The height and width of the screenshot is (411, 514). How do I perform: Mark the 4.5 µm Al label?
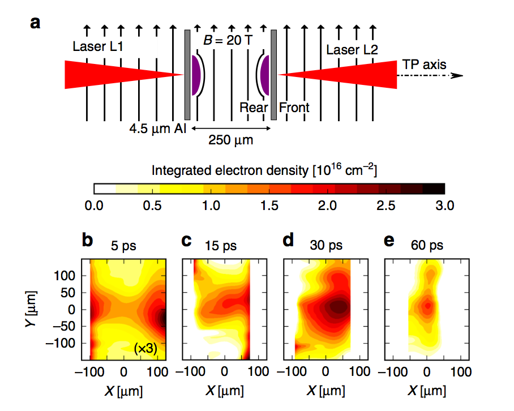(151, 127)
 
